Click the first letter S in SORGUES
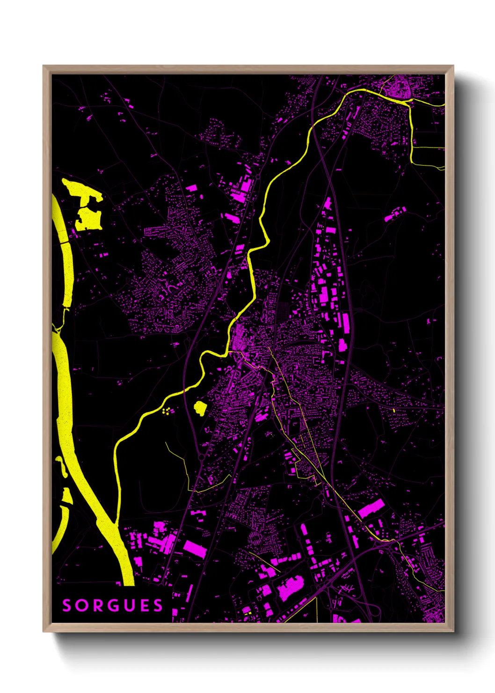[x=67, y=605]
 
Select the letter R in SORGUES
[x=97, y=605]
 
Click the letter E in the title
[x=144, y=605]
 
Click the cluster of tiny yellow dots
[x=166, y=412]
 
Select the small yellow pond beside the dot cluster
[x=200, y=407]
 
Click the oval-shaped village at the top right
[x=398, y=87]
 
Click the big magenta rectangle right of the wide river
[x=195, y=549]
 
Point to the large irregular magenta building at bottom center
[x=290, y=588]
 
